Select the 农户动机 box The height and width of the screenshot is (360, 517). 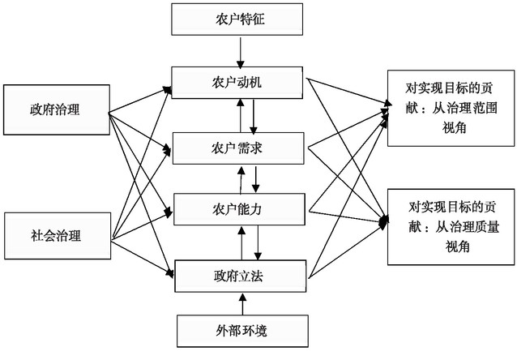242,82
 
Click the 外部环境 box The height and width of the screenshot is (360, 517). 242,329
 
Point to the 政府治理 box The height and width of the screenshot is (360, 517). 54,109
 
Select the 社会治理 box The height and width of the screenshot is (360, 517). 54,236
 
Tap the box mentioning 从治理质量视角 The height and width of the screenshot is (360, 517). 448,226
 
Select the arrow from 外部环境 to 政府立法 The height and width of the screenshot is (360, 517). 242,303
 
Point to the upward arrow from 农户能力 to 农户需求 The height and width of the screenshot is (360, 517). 241,179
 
